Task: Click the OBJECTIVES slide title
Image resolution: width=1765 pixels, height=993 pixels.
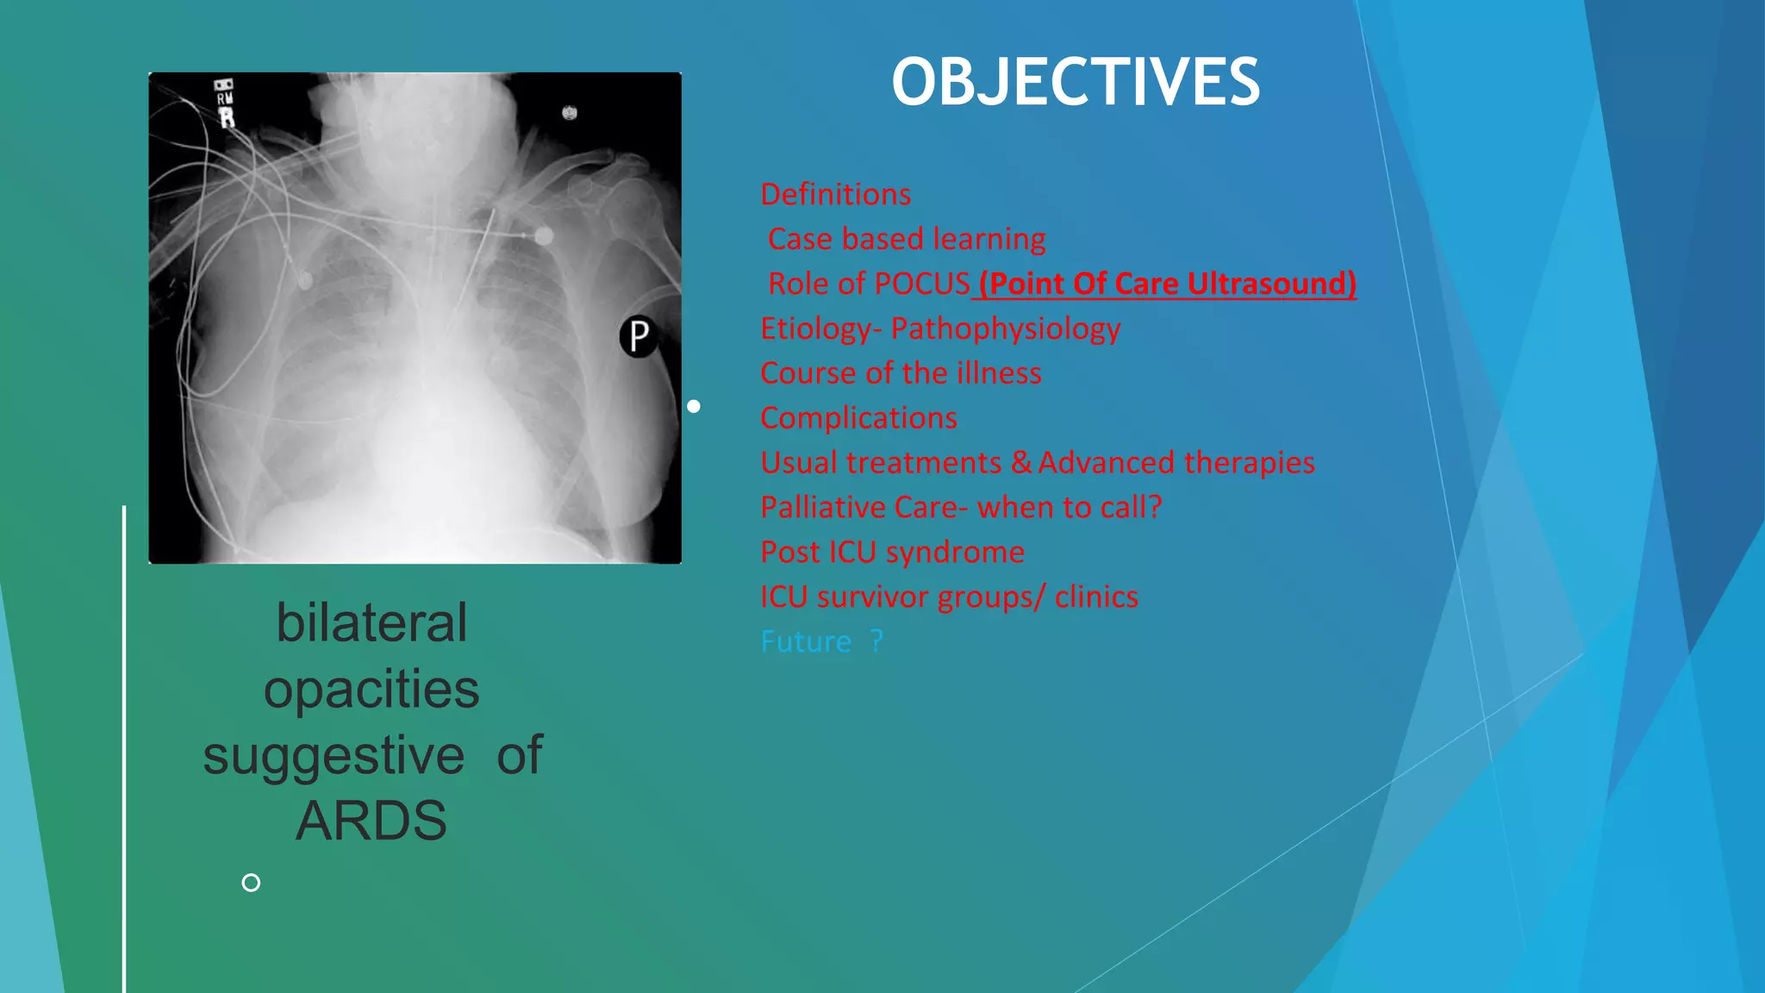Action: (x=1075, y=83)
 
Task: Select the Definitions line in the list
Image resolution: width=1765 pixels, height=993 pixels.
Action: (x=835, y=195)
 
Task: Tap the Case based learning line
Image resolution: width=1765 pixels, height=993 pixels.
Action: (x=907, y=239)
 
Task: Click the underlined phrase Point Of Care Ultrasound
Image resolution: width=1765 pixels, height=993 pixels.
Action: (x=1168, y=284)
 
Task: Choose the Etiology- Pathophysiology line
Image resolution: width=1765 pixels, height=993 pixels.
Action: (x=940, y=328)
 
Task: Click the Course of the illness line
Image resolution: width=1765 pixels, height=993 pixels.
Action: (x=901, y=373)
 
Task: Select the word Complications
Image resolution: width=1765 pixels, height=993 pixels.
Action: (x=858, y=418)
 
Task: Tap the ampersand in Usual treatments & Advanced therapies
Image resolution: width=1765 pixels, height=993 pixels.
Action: (x=1021, y=463)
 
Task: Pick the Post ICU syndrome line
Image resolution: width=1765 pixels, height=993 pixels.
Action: (x=892, y=553)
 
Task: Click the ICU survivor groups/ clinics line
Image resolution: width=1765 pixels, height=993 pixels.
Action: (x=949, y=597)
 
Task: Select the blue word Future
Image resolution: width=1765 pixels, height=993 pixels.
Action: (x=806, y=642)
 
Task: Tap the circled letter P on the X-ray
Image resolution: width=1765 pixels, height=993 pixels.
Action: (x=639, y=336)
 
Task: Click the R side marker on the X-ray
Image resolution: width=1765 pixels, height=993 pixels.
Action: (x=227, y=117)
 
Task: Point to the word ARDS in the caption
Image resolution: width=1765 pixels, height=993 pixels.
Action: (x=371, y=821)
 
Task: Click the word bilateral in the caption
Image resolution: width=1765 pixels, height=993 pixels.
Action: (x=371, y=622)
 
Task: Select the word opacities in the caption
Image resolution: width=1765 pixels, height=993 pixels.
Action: (x=371, y=689)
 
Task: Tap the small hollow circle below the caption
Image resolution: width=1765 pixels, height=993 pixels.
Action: (x=251, y=883)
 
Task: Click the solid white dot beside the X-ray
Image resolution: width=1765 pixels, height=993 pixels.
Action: (x=694, y=406)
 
